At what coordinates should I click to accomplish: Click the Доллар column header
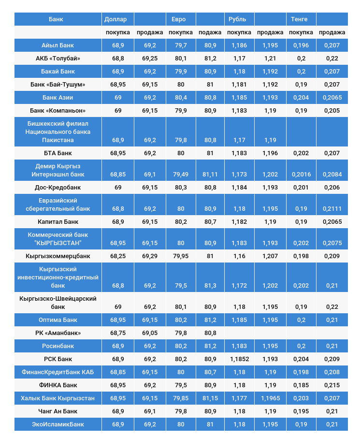point(115,19)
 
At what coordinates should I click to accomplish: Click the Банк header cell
point(56,19)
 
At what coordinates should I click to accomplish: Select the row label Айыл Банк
point(58,45)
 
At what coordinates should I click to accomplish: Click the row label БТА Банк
point(58,153)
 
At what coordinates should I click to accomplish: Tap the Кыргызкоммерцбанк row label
point(58,256)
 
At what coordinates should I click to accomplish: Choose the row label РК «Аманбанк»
point(58,333)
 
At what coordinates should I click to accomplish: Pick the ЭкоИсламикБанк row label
point(58,424)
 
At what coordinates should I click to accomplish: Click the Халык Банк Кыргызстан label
point(58,398)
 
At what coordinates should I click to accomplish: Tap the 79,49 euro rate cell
point(181,175)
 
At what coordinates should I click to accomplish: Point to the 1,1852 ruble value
point(239,359)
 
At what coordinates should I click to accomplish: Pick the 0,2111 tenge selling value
point(332,209)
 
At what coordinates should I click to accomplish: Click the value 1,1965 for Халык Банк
point(270,398)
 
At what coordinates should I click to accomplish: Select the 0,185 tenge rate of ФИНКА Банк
point(301,385)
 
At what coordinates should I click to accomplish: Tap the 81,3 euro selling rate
point(210,286)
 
